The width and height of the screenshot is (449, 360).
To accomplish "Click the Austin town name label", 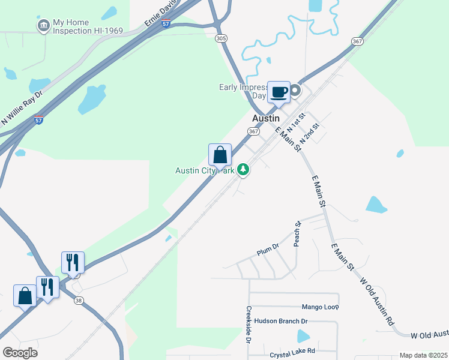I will coord(266,119).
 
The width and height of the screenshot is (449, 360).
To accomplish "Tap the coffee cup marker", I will coord(279,92).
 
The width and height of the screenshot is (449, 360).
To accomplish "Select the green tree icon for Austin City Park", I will coord(243,170).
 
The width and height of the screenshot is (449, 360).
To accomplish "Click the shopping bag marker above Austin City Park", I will coord(220,155).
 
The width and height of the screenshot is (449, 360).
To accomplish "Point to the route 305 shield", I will coord(221,38).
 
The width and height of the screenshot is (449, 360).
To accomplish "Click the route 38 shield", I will coord(79,301).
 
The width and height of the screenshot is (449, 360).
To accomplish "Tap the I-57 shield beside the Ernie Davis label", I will coord(166,23).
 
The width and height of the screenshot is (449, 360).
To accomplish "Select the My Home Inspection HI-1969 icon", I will coord(43,26).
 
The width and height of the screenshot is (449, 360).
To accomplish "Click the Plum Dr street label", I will coord(268,250).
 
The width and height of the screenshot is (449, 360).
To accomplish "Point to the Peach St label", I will coord(297,234).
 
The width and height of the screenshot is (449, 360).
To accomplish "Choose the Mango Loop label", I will coord(320,307).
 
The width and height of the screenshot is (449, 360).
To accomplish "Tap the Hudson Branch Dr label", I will coord(282,321).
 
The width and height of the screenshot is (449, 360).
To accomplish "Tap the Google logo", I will coord(20,353).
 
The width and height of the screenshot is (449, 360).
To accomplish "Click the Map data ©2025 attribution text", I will coord(423,355).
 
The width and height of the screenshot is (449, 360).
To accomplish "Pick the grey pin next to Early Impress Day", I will coord(295,92).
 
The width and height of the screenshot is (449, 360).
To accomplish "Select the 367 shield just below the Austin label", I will coord(253,131).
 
